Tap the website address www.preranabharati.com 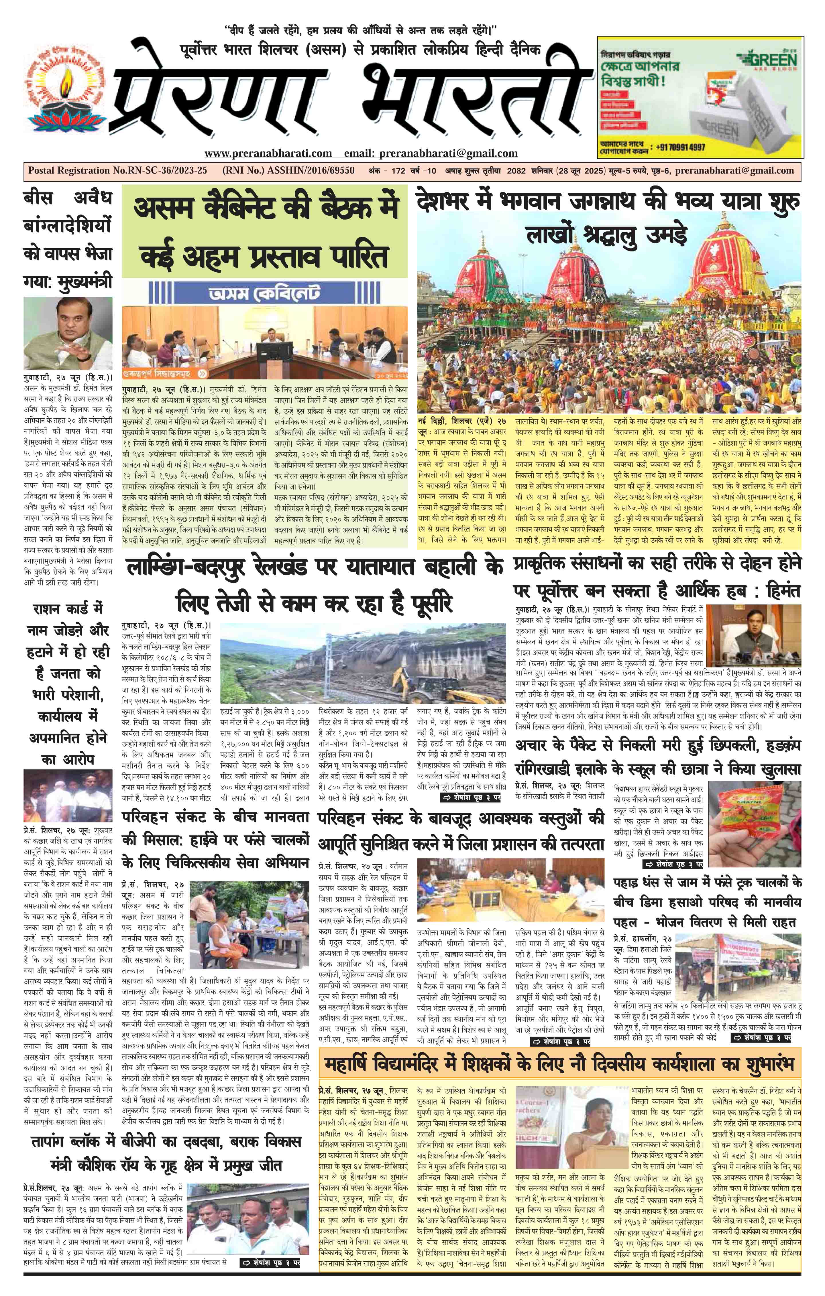268,153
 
